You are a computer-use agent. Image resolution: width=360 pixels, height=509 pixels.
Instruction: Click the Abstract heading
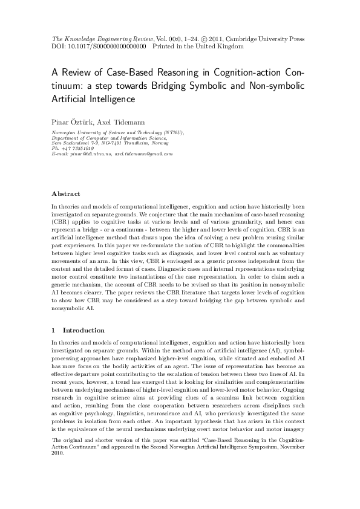[66, 193]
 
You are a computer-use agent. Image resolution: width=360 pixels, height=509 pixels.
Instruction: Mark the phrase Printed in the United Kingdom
[198, 45]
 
